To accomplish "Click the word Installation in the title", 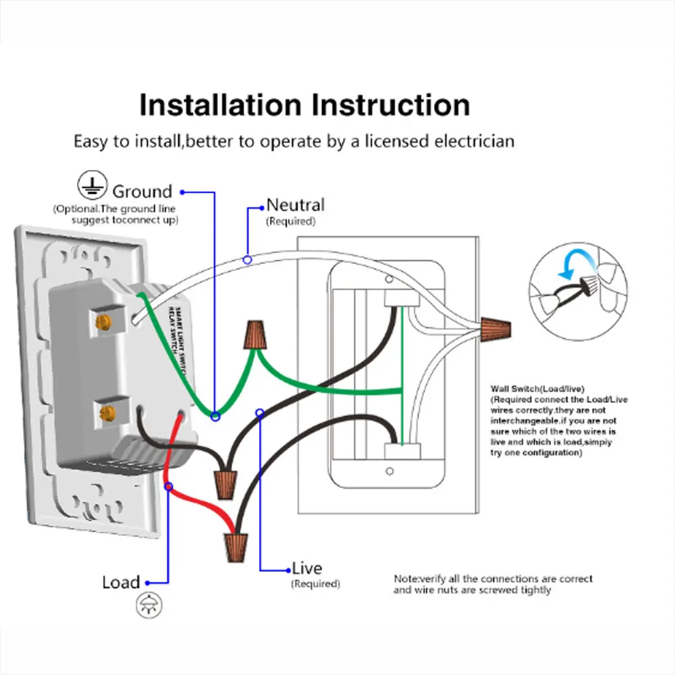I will tap(220, 106).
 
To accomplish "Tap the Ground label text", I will tap(142, 192).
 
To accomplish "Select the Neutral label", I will tap(295, 205).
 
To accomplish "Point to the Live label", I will tap(307, 568).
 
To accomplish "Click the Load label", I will tap(122, 582).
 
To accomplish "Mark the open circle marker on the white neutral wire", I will tap(248, 259).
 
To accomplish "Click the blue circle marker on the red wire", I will tap(168, 486).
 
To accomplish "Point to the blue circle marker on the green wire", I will tap(215, 417).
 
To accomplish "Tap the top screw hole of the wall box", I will tap(389, 279).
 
